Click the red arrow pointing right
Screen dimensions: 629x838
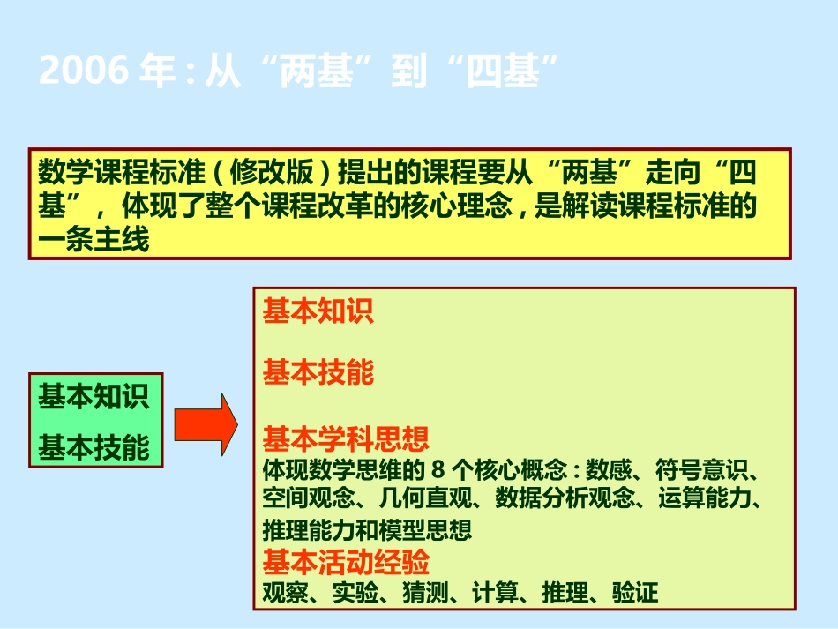point(206,423)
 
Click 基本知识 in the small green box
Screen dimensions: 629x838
point(94,397)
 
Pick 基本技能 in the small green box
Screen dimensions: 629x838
point(94,448)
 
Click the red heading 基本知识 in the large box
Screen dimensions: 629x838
point(318,311)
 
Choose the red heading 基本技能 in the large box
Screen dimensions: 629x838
point(318,372)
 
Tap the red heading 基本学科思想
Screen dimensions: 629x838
point(346,438)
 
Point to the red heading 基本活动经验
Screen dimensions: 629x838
point(346,562)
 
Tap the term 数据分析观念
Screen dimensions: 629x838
point(565,498)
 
